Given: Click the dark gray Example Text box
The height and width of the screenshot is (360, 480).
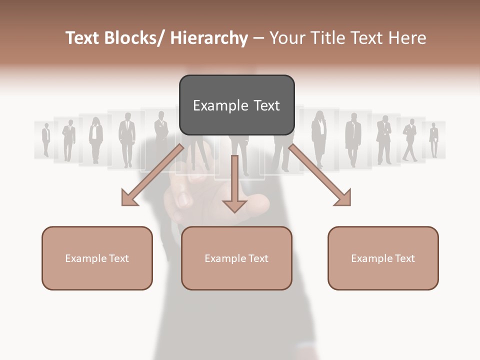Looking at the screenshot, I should (x=236, y=105).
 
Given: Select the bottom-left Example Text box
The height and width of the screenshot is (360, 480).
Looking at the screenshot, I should (x=97, y=258).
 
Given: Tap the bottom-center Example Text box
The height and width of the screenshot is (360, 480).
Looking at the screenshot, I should (x=236, y=258).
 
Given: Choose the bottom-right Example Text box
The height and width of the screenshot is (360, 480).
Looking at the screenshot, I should (x=383, y=258).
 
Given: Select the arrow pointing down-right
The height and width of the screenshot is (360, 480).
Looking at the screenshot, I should (x=320, y=175).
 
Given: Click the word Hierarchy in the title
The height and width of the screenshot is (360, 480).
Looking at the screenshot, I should (x=209, y=38).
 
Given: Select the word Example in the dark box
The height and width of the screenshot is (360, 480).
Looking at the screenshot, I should (x=213, y=105).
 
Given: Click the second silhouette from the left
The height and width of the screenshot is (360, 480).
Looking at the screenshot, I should (x=68, y=139).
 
